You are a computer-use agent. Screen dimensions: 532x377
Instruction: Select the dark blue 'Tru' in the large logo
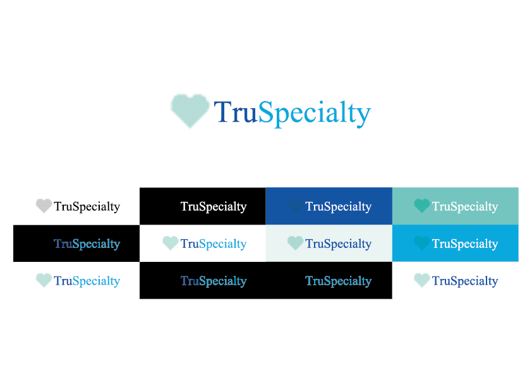click(x=236, y=112)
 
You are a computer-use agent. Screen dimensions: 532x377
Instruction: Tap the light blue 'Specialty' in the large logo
click(x=315, y=114)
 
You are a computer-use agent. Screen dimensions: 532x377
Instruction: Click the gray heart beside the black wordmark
click(x=44, y=206)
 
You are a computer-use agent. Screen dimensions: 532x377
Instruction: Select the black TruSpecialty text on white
click(x=87, y=206)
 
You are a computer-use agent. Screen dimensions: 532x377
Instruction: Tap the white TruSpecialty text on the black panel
click(x=214, y=206)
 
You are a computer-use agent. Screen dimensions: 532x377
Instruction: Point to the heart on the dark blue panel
click(x=295, y=206)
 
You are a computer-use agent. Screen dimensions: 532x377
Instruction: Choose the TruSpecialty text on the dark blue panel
click(x=338, y=206)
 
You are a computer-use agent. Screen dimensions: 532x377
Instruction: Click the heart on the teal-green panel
click(x=422, y=206)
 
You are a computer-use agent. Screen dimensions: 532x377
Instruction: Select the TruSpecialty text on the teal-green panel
click(x=465, y=206)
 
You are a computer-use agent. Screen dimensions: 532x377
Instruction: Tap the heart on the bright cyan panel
click(x=422, y=243)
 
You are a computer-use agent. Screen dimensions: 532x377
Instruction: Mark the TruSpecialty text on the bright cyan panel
click(x=465, y=244)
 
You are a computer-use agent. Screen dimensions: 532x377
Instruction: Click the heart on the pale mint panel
click(x=295, y=243)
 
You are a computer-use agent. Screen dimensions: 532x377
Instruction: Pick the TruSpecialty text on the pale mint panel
click(x=338, y=244)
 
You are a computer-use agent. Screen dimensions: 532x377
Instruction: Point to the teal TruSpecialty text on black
click(x=338, y=281)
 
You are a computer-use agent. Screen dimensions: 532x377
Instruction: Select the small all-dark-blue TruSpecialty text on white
click(x=465, y=281)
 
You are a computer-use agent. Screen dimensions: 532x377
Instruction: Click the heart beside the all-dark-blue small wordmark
click(x=422, y=280)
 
